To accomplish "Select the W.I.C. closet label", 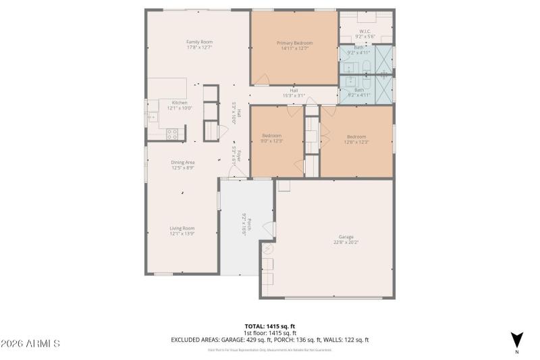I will click(365, 31).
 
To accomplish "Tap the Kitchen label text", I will click(179, 102).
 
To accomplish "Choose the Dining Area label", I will click(183, 162).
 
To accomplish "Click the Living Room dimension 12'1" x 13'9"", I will click(182, 234).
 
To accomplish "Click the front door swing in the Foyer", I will click(235, 172).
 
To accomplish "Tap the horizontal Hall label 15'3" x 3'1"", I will click(294, 91).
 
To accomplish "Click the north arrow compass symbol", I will click(517, 340).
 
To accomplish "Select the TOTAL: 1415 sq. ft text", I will click(269, 326).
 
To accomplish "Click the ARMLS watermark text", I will click(30, 344).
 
